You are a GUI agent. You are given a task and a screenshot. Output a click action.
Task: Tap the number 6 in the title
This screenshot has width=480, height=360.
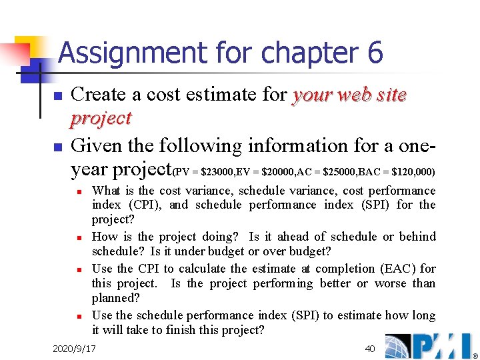375,53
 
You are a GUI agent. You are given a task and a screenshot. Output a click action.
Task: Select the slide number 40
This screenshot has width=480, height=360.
370,349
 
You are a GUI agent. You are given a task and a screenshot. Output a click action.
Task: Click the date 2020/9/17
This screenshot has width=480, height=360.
74,349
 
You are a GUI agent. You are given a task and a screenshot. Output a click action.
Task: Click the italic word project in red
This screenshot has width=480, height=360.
101,119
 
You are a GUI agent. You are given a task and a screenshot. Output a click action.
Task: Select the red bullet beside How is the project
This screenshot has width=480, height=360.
79,237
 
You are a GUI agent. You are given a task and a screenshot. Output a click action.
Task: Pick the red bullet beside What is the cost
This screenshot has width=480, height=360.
79,191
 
